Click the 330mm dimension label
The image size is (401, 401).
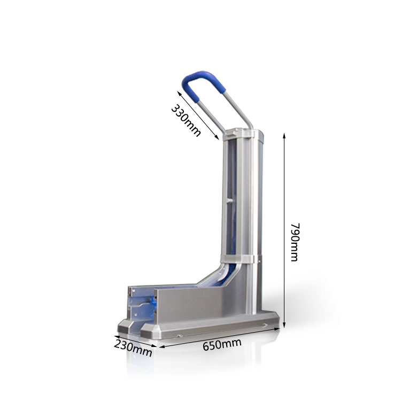(x=186, y=120)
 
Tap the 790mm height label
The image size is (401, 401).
(x=294, y=242)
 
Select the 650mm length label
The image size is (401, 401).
(x=221, y=345)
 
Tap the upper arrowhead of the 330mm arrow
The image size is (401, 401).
(x=179, y=92)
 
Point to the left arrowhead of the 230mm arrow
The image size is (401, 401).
(x=115, y=337)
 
